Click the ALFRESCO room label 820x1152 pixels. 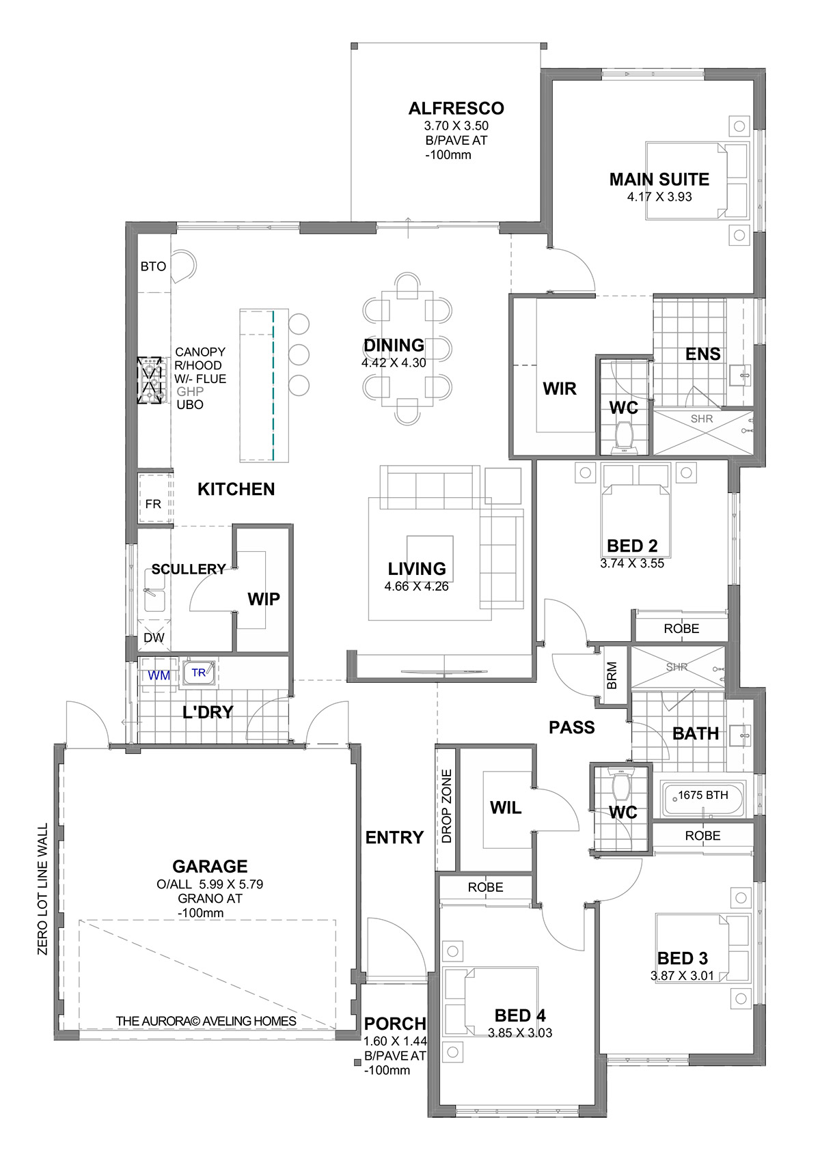point(456,109)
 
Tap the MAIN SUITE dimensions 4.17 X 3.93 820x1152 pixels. point(659,197)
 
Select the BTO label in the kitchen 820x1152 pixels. point(153,266)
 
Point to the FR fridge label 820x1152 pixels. point(153,504)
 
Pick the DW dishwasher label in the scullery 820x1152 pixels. point(154,638)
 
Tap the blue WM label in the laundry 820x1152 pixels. point(159,675)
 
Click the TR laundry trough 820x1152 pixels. point(199,673)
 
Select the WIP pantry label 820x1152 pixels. point(264,599)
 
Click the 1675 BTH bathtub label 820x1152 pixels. point(703,795)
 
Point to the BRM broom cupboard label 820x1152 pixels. point(612,675)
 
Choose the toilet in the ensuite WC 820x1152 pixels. point(625,437)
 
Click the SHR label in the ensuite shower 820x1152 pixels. point(702,419)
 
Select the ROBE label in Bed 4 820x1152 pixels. point(485,887)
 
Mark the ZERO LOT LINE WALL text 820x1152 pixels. point(42,889)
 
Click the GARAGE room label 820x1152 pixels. point(210,867)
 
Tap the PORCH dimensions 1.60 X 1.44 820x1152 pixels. point(396,1041)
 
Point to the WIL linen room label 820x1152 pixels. point(506,807)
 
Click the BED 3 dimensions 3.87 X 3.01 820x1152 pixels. point(683,975)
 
